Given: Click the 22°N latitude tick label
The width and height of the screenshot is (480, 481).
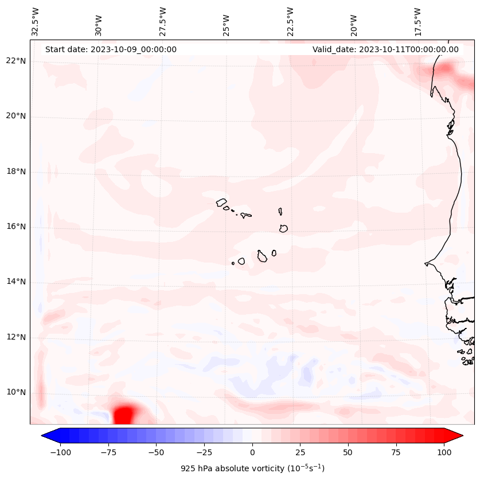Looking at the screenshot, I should pyautogui.click(x=16, y=61).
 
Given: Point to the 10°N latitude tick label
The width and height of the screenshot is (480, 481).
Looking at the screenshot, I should pyautogui.click(x=16, y=393).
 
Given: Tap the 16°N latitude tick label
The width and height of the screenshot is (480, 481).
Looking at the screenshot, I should pyautogui.click(x=16, y=227).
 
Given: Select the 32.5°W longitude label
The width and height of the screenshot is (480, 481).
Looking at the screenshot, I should pyautogui.click(x=36, y=22).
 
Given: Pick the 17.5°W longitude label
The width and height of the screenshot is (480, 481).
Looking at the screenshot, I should pyautogui.click(x=417, y=22).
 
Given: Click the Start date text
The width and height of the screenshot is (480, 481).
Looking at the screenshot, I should pyautogui.click(x=111, y=49).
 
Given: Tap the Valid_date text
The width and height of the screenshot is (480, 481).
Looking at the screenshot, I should pyautogui.click(x=385, y=49).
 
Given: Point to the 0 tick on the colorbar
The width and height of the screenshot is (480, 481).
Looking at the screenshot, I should pyautogui.click(x=252, y=452).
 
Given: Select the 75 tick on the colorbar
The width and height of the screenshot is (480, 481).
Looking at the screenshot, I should pyautogui.click(x=396, y=452).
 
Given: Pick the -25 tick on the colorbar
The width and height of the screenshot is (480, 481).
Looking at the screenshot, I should pyautogui.click(x=204, y=452).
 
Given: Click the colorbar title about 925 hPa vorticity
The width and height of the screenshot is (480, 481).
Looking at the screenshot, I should pyautogui.click(x=252, y=468).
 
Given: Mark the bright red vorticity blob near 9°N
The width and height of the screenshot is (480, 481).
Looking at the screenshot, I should pyautogui.click(x=125, y=414).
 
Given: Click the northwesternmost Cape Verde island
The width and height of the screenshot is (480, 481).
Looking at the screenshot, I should pyautogui.click(x=221, y=202).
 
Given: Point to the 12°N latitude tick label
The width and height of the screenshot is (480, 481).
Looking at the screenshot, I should pyautogui.click(x=16, y=338).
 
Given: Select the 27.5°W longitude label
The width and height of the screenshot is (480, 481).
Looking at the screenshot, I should pyautogui.click(x=163, y=22).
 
